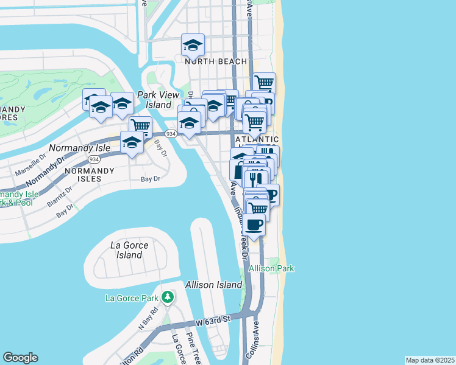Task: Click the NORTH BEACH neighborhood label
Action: point(216,61)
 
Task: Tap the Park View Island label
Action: point(159,100)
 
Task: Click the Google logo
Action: point(20,358)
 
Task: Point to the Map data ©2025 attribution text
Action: point(430,360)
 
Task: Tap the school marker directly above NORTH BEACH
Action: point(193,44)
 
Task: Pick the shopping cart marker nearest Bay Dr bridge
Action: point(140,126)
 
